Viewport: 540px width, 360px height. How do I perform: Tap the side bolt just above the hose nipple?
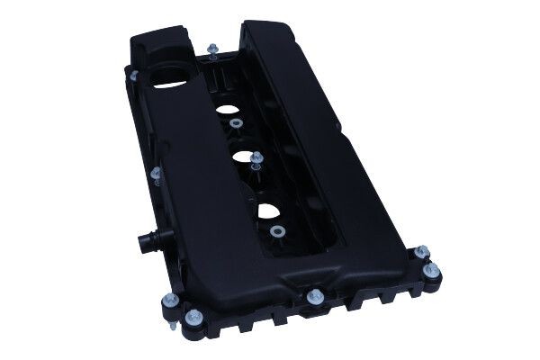(156, 171)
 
